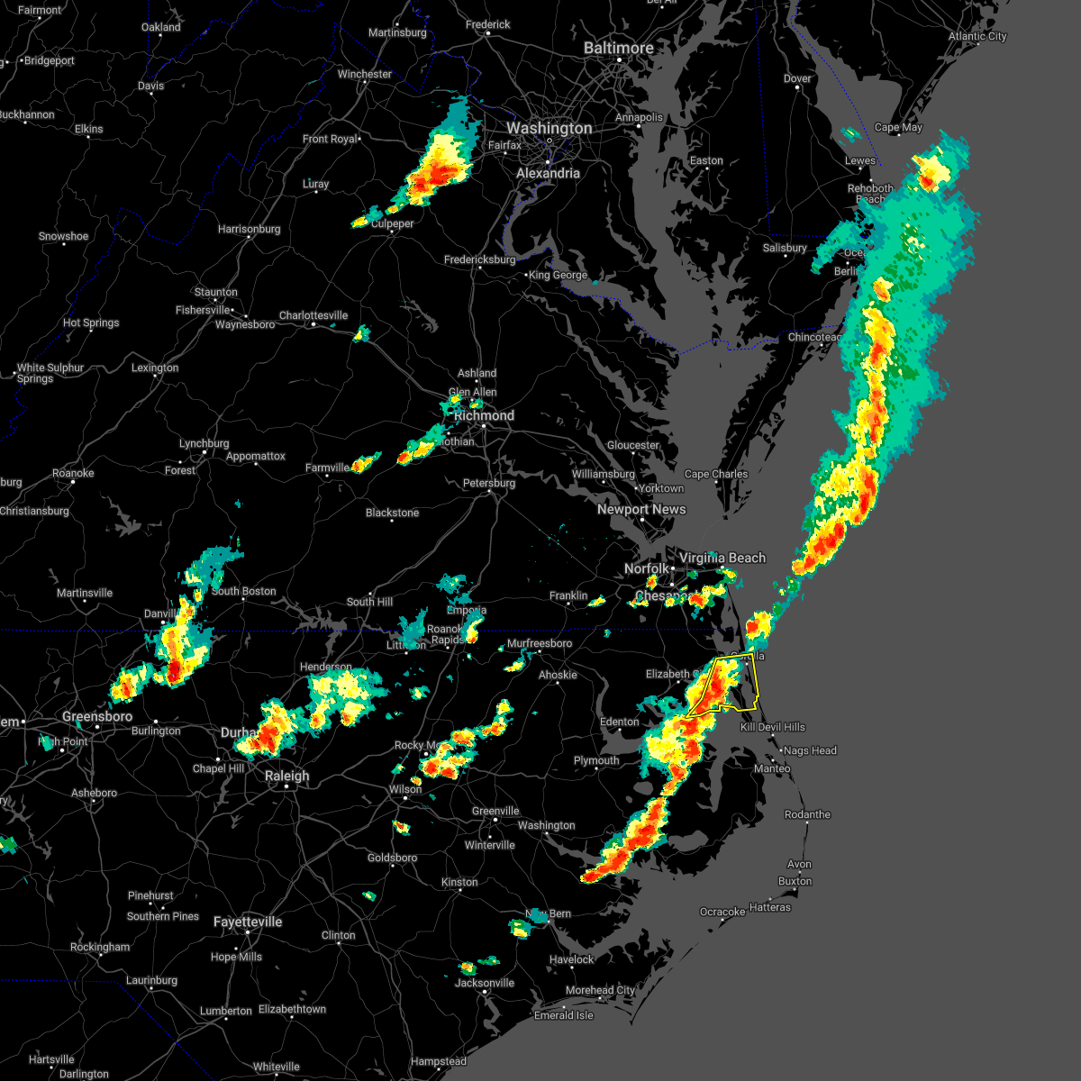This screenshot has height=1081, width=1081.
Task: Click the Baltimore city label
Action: (x=618, y=48)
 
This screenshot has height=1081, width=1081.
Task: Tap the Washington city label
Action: (x=549, y=129)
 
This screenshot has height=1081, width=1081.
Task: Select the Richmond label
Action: (x=484, y=415)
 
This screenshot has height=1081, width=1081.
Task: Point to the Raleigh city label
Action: (x=286, y=776)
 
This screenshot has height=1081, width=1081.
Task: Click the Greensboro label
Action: (x=97, y=717)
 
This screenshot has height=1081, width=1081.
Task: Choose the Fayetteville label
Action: (x=248, y=922)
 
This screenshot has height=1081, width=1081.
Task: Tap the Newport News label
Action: (x=641, y=509)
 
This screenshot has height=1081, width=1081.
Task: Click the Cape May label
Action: (x=898, y=127)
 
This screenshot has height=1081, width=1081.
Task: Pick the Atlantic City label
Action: (x=977, y=37)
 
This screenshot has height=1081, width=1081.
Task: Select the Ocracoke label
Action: (x=722, y=912)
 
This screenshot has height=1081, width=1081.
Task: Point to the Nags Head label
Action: (x=810, y=750)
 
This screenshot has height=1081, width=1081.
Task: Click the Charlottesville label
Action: (x=313, y=315)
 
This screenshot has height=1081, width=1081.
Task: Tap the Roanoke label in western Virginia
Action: (x=73, y=473)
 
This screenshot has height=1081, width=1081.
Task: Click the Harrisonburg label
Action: (x=249, y=229)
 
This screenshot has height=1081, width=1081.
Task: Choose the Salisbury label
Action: (x=785, y=248)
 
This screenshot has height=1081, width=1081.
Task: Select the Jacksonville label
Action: (x=484, y=983)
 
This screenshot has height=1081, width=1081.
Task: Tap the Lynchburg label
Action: (x=204, y=443)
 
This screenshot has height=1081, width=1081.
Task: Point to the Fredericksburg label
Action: (x=479, y=259)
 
